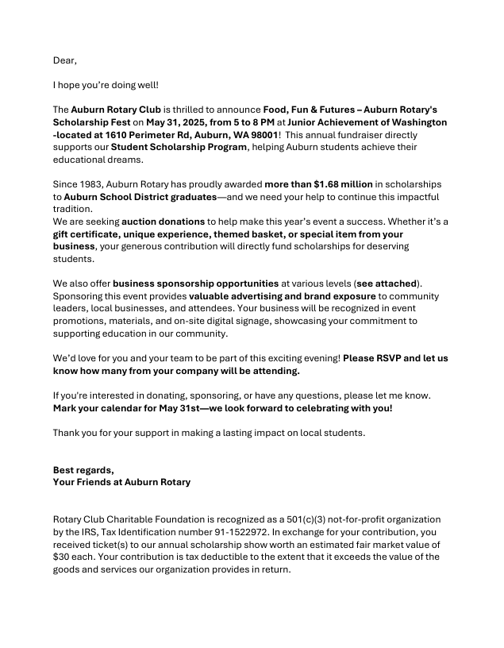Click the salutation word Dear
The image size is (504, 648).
click(65, 60)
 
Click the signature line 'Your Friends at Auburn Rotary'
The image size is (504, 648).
click(121, 482)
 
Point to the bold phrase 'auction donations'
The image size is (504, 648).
click(161, 222)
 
